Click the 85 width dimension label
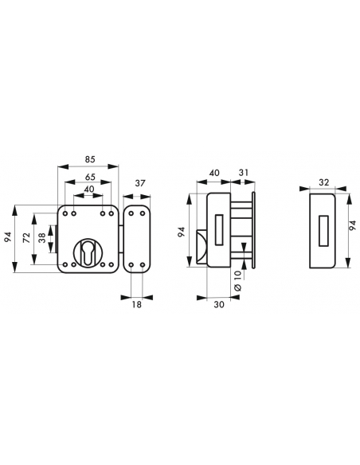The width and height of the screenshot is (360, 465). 90,159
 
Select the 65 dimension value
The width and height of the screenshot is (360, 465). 90,177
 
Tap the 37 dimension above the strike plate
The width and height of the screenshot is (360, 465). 139,184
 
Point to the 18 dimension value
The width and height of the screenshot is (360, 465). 137,304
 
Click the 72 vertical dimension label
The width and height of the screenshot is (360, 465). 27,238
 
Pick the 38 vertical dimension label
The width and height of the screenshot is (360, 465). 43,238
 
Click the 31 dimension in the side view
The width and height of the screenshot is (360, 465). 244,173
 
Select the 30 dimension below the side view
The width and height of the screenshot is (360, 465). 219,304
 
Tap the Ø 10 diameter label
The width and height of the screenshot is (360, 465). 238,280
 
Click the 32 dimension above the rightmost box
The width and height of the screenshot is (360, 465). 324,182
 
